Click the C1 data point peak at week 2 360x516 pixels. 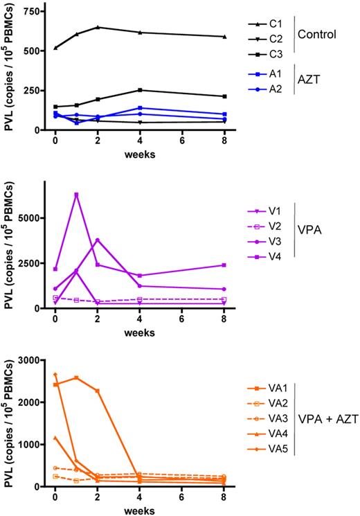[98, 27]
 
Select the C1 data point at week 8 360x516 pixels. [224, 37]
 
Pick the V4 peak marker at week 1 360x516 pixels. [76, 195]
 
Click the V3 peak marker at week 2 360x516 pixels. [98, 240]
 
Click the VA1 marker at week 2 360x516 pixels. [98, 391]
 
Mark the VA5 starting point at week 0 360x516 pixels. [55, 375]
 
